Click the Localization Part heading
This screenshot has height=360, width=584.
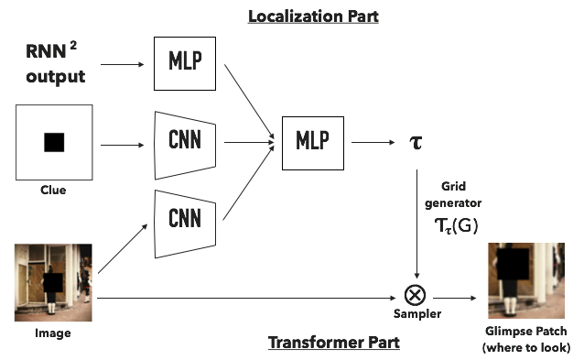[x=314, y=16]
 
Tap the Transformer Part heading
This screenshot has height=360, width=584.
[x=321, y=342]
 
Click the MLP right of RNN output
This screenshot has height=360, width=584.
[x=186, y=61]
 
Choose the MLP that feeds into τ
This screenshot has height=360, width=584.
[x=312, y=141]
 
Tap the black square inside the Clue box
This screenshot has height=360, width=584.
[x=54, y=142]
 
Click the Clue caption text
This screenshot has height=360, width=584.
[x=53, y=191]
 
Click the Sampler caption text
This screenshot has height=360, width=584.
[x=417, y=314]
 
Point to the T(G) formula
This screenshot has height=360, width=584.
[x=455, y=224]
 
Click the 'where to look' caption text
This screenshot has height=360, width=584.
[x=525, y=347]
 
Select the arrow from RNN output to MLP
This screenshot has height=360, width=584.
[x=123, y=65]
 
